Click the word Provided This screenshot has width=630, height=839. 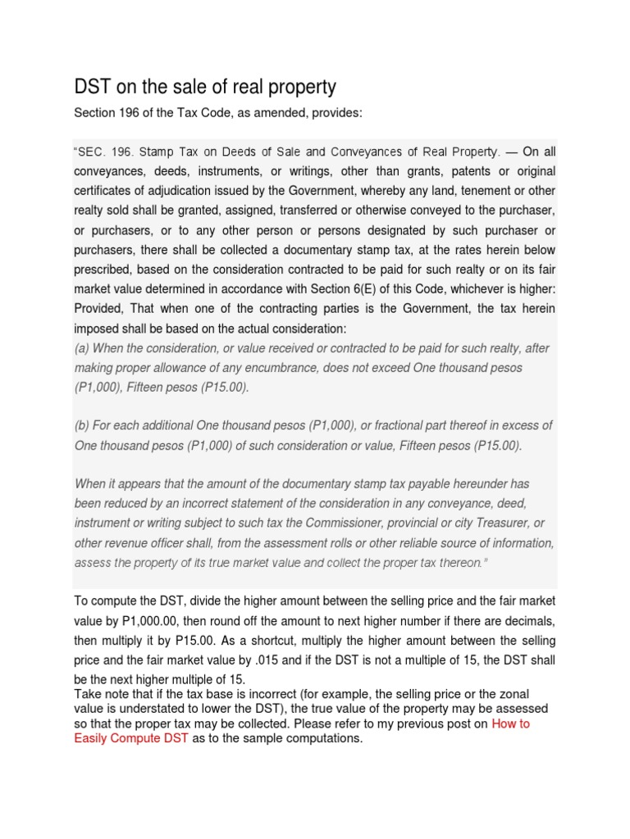pyautogui.click(x=102, y=308)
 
